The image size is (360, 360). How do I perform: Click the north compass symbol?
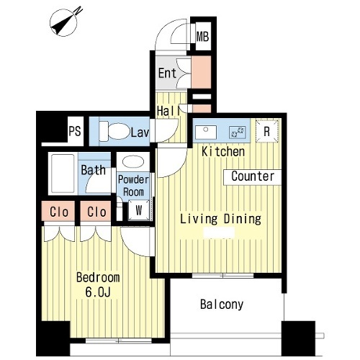[63, 23]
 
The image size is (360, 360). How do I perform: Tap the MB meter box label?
[202, 37]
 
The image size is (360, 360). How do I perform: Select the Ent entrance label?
[167, 73]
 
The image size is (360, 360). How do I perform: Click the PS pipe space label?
[75, 131]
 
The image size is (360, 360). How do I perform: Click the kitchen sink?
[206, 132]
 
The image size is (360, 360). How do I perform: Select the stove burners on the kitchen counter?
[238, 132]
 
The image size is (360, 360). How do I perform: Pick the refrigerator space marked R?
[267, 131]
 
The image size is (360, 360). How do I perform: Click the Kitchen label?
[223, 152]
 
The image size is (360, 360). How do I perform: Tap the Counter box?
[253, 177]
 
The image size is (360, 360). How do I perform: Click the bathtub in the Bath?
[63, 174]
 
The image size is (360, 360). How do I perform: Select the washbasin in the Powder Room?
[133, 162]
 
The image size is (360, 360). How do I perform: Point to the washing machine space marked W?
[139, 210]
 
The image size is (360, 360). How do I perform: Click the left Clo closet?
[58, 211]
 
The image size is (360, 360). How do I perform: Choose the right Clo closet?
[96, 211]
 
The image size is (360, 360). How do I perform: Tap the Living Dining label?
[220, 219]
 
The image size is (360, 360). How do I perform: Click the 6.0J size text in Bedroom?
[98, 292]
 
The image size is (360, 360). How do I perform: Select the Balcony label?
[222, 305]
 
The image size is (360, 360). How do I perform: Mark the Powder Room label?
[133, 186]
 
